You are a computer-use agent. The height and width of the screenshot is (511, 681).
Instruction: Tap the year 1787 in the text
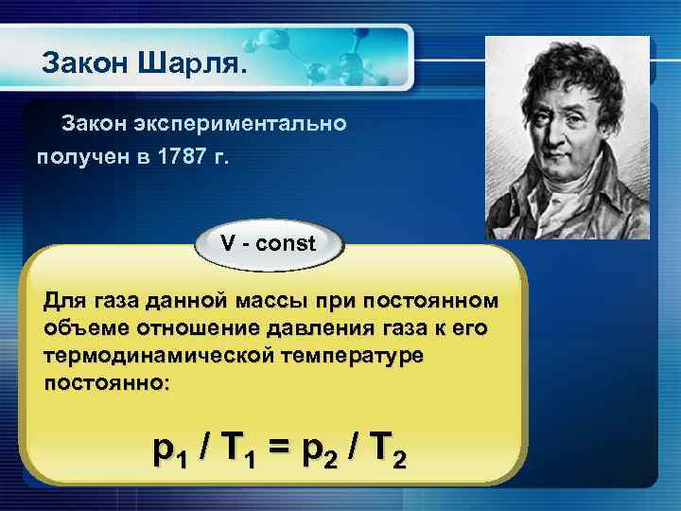177,155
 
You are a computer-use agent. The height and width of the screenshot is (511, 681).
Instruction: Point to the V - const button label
269,243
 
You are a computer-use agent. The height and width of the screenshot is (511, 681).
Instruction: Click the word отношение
183,327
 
